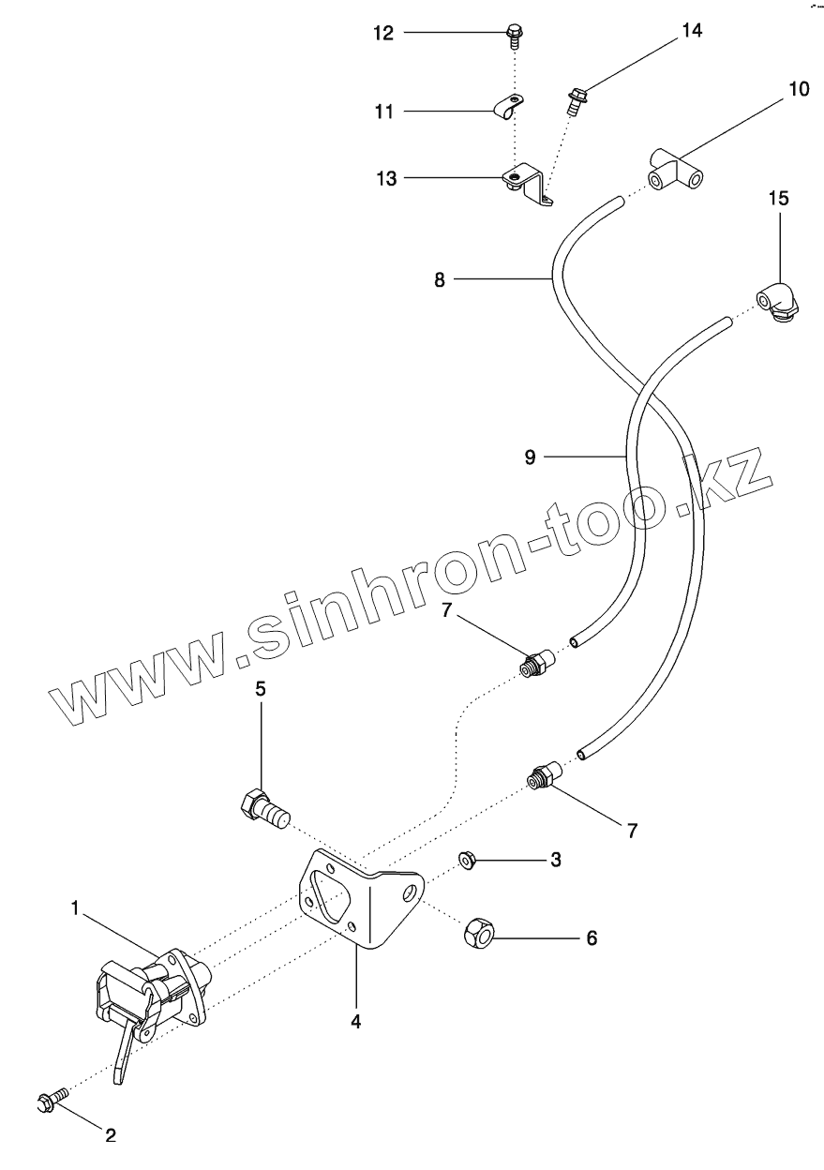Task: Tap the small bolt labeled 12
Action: click(x=513, y=36)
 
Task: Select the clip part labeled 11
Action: click(x=507, y=111)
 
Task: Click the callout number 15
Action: click(x=779, y=198)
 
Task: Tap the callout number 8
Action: click(x=440, y=278)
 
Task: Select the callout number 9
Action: click(x=530, y=457)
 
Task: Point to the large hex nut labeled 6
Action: click(x=479, y=932)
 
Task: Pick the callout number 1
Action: click(x=73, y=907)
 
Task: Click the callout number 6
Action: click(x=592, y=937)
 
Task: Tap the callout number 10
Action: click(x=798, y=90)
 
